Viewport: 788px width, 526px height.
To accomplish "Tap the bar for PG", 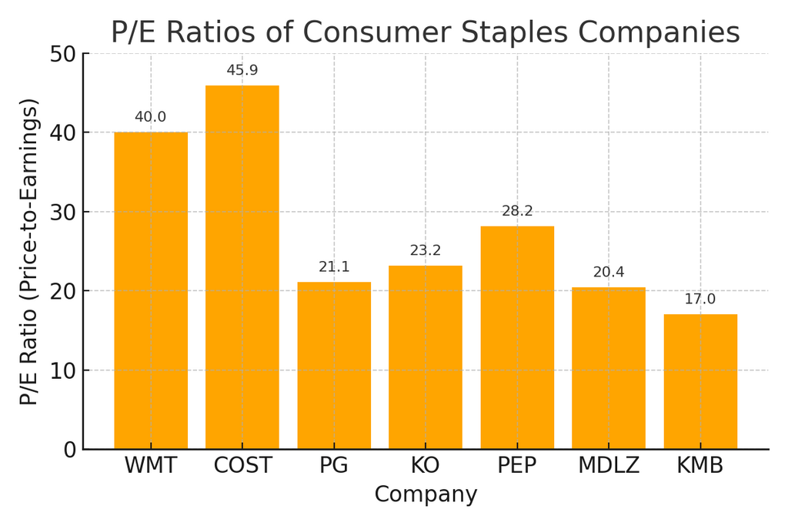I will (334, 365).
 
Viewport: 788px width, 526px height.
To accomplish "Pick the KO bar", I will (426, 357).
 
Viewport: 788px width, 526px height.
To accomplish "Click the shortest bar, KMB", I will (700, 381).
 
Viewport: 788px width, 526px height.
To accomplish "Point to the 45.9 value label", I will (242, 71).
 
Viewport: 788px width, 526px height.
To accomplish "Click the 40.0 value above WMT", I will (151, 117).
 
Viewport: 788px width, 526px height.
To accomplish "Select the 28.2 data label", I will (517, 211).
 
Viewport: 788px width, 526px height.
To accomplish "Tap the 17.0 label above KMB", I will (700, 300).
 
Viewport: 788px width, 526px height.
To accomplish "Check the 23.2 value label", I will (426, 250).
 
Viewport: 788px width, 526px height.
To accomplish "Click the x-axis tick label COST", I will (242, 466).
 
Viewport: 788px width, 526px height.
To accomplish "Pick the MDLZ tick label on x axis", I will (609, 466).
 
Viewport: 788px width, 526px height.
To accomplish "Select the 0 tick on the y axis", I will (69, 450).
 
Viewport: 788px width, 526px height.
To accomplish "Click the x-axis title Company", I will (426, 494).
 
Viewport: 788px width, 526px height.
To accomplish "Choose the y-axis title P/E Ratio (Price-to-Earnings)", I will (29, 252).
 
